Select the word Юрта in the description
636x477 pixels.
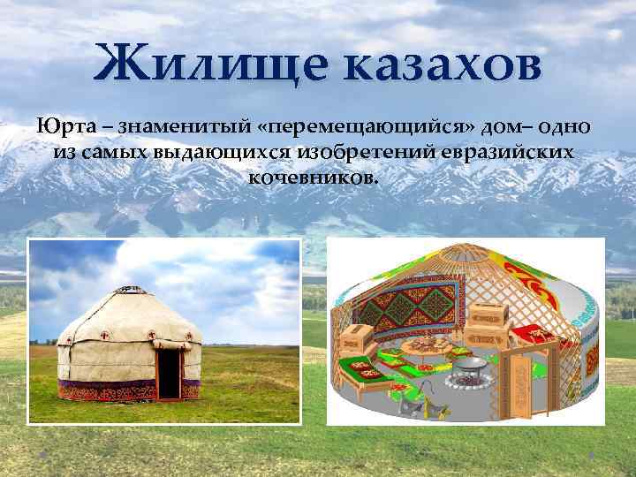pyautogui.click(x=60, y=126)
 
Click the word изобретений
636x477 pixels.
pyautogui.click(x=363, y=152)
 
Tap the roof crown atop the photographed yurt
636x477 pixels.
pyautogui.click(x=130, y=288)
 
